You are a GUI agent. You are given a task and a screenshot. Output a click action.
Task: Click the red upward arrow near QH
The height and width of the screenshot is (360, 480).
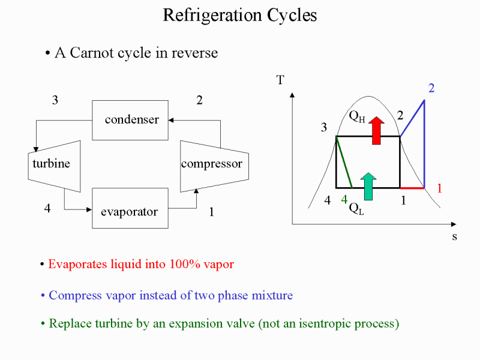[x=376, y=130]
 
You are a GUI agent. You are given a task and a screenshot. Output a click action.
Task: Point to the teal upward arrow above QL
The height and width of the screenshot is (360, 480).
[x=368, y=187]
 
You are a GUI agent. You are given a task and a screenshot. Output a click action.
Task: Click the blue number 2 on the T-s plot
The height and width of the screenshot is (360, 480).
[x=431, y=88]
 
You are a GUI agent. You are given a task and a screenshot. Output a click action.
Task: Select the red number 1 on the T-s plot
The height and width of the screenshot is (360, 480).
[x=440, y=188]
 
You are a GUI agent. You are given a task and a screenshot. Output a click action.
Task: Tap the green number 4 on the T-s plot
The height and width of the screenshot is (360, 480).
[x=344, y=200]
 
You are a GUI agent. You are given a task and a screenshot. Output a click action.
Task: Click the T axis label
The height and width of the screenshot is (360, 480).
[x=280, y=80]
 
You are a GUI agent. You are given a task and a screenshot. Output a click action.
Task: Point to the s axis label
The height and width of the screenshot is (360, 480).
[x=455, y=236]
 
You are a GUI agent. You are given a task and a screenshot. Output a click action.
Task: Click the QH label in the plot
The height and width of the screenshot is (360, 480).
[x=357, y=116]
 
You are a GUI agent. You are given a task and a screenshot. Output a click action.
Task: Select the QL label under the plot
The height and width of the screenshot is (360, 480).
[x=356, y=209]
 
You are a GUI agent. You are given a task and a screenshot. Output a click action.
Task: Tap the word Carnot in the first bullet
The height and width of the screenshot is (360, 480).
[x=92, y=53]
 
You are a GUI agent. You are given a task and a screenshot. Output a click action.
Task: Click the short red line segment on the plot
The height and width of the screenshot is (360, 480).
[x=412, y=188]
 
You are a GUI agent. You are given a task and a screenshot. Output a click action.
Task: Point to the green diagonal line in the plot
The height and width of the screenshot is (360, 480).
[x=344, y=162]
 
